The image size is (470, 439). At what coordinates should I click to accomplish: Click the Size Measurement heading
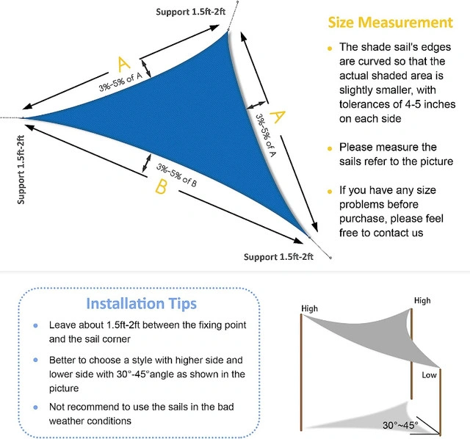(390, 23)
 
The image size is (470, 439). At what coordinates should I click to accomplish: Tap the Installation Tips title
(141, 303)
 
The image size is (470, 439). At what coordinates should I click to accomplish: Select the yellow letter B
(161, 186)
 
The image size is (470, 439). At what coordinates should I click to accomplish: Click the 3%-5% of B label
(176, 175)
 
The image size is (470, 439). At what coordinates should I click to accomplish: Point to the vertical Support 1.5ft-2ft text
(21, 170)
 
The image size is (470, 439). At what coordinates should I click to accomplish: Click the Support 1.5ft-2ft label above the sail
(190, 12)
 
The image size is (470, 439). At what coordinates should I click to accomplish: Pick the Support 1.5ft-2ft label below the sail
(278, 257)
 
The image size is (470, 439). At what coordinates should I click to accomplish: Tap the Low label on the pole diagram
(429, 375)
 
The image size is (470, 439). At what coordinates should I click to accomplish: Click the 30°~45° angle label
(400, 425)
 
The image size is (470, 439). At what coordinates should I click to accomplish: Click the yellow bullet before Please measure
(330, 148)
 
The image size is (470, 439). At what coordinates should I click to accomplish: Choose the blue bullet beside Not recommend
(36, 407)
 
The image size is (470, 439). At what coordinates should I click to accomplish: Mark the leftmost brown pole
(302, 372)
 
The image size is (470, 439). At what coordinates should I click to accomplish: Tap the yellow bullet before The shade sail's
(330, 48)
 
